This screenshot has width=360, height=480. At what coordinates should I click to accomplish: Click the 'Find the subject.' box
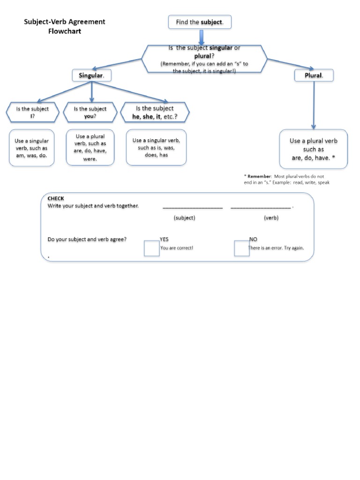click(200, 22)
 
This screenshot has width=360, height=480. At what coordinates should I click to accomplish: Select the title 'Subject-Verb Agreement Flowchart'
click(65, 27)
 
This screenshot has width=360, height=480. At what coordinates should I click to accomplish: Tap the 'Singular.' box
click(91, 75)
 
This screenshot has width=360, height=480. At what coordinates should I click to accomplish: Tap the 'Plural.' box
click(314, 75)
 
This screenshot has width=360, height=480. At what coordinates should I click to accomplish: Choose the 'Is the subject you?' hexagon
click(90, 112)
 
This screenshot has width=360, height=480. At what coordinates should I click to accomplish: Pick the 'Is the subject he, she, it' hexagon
click(155, 112)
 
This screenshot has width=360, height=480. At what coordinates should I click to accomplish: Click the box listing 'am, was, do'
click(31, 148)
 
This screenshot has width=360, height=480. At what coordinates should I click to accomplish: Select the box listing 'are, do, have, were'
click(90, 148)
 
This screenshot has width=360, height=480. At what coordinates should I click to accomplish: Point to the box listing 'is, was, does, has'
click(156, 148)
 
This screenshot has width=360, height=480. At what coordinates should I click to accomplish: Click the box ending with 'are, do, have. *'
click(314, 149)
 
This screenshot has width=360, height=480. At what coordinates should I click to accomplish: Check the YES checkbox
click(151, 248)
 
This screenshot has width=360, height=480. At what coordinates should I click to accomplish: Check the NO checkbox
click(241, 248)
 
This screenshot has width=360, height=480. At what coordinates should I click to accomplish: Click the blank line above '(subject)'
click(192, 207)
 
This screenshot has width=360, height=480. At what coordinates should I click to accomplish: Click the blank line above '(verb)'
click(261, 207)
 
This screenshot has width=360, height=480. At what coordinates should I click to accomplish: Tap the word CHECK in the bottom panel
click(56, 199)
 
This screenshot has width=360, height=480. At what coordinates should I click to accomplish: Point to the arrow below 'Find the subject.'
click(201, 37)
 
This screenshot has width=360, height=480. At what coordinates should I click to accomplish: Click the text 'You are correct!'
click(177, 248)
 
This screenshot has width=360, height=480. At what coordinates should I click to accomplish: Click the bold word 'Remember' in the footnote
click(259, 176)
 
